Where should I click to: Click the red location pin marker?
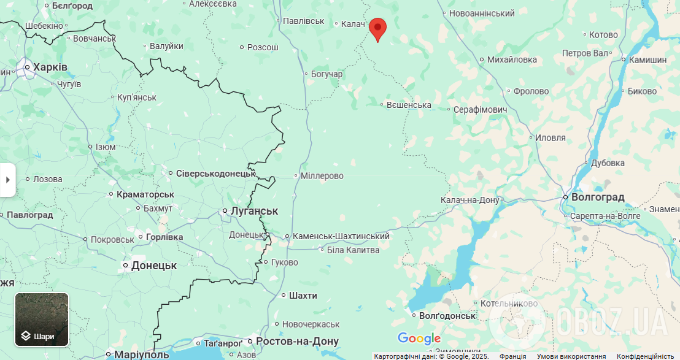377,28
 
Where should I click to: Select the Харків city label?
50,67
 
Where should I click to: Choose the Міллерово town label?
322,176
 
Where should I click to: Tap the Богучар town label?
326,74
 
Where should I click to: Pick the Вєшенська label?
409,105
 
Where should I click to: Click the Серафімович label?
480,109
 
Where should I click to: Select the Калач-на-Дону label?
469,200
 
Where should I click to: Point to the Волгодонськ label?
447,316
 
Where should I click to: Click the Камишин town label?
647,59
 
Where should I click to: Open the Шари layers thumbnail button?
42,320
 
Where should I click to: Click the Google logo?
419,338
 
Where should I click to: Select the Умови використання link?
571,356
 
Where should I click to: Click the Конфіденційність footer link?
646,356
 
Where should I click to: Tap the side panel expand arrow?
7,180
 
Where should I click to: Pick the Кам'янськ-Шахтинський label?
341,236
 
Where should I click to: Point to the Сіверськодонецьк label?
215,174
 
